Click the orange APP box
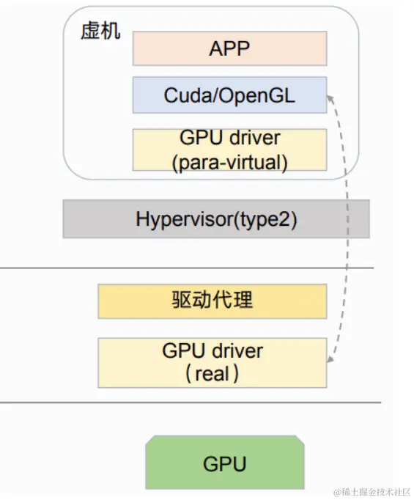[229, 48]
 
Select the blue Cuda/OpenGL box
[229, 95]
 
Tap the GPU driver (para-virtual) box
[229, 150]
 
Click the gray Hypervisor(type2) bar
[215, 219]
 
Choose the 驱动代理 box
[212, 301]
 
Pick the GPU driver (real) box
[212, 361]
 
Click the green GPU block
[224, 463]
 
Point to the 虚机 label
[100, 34]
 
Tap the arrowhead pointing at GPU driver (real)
[331, 361]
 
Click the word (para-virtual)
[229, 162]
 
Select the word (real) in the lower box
[212, 374]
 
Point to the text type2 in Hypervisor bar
[265, 219]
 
